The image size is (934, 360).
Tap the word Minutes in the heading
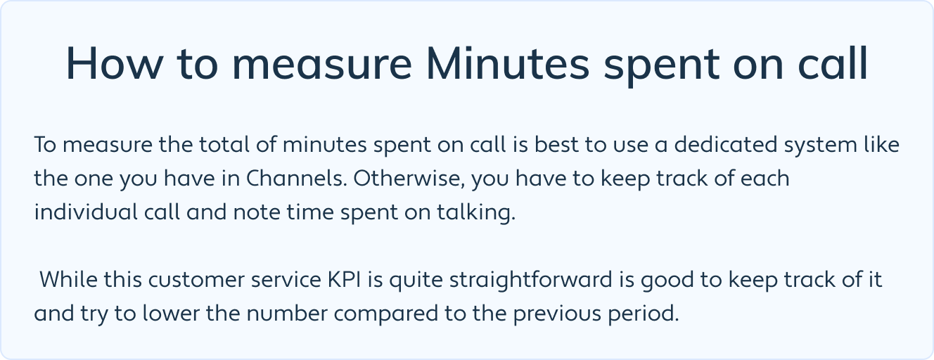(508, 63)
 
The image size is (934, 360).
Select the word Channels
(297, 179)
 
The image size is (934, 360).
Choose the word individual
(86, 212)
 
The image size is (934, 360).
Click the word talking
(476, 213)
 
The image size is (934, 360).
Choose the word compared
(386, 314)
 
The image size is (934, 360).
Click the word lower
(171, 314)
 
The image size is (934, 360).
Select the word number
(287, 314)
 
